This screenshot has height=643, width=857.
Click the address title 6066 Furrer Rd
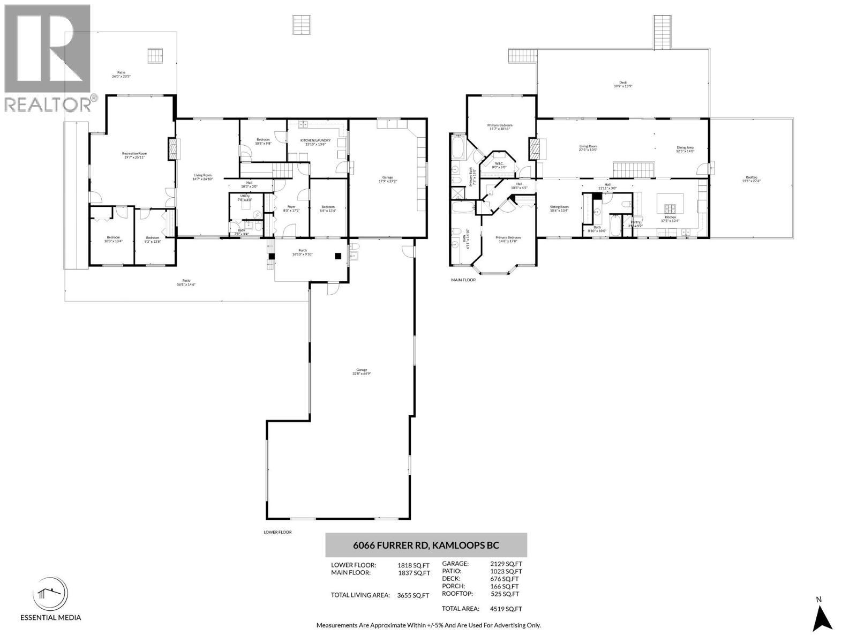[x=426, y=545]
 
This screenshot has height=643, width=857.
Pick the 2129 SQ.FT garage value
[x=506, y=564]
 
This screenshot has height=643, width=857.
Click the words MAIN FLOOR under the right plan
[x=463, y=280]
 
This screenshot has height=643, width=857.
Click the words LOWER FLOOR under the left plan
[x=277, y=532]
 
